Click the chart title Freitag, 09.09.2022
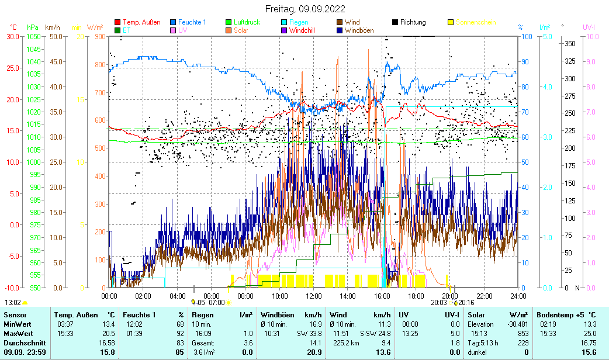(304, 9)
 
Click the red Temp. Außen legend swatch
(117, 22)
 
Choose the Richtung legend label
(413, 22)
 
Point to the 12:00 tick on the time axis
(313, 296)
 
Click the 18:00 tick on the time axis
(416, 296)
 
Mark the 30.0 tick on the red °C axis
(13, 36)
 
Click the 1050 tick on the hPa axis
(33, 36)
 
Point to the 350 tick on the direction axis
(570, 43)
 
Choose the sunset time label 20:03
(438, 302)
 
